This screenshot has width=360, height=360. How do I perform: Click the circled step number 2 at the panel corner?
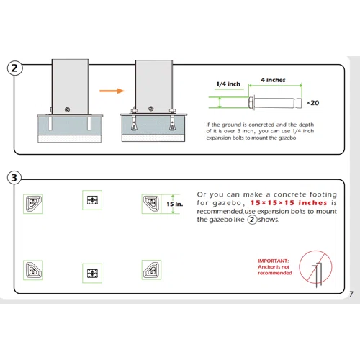pos(14,68)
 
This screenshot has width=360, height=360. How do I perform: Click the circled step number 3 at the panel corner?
pos(14,178)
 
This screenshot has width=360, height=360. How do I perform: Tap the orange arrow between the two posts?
pos(112,91)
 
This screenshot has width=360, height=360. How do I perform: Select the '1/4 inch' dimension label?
pos(228,84)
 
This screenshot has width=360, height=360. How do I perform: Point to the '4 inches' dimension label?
pos(274,80)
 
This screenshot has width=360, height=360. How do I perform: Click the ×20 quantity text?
pos(312,103)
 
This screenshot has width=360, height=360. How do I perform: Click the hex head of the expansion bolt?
pos(252,103)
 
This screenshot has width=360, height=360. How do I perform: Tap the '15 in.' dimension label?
pos(175,204)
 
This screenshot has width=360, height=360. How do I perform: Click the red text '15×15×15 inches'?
pos(289,203)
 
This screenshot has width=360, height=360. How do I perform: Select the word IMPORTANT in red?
pos(274,261)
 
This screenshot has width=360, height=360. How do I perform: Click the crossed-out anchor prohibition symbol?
pos(315,267)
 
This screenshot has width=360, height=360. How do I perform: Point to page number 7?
pos(351,294)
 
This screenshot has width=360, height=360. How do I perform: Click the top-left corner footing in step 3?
pos(33,204)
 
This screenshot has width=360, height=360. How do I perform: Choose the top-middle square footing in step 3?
pos(92,200)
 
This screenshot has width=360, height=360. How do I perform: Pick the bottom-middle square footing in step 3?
pos(92,273)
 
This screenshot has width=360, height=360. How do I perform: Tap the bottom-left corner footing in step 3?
pos(33,270)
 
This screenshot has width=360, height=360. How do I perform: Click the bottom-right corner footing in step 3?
pos(151,270)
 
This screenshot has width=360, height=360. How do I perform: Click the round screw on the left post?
pos(67,109)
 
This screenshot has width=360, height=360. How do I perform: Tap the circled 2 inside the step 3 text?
pos(252,220)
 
